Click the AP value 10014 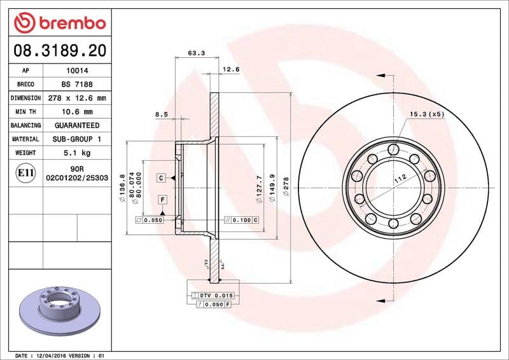76,71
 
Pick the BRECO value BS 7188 76,85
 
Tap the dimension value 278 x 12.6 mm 76,99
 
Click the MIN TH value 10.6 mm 76,112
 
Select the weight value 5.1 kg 76,153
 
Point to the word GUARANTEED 76,126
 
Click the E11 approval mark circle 25,172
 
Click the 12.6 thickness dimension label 230,69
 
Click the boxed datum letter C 162,177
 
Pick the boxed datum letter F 163,200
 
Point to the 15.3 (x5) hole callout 427,114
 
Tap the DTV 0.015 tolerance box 211,296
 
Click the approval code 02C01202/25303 76,179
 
